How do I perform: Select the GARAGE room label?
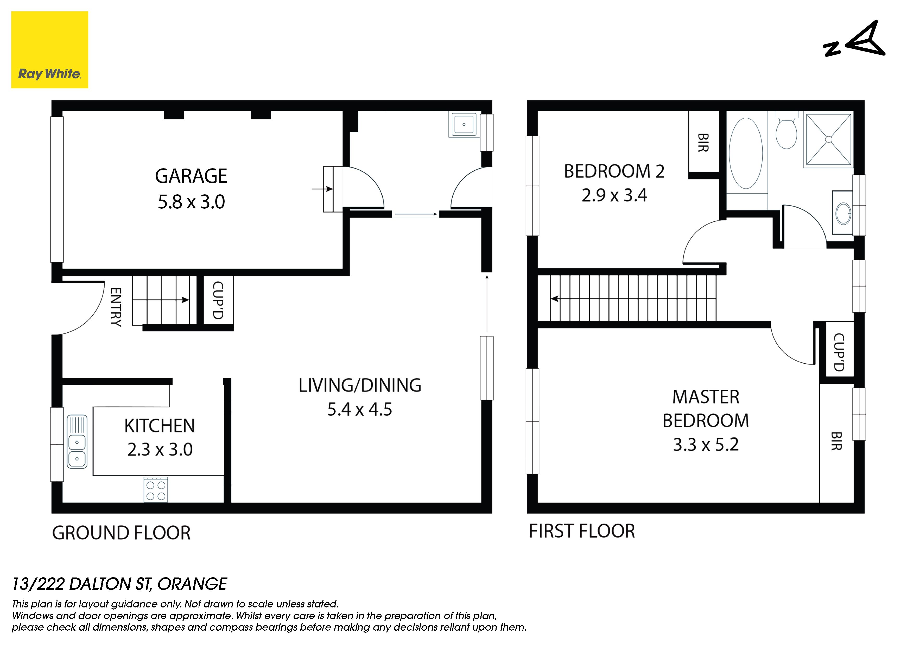[x=191, y=176]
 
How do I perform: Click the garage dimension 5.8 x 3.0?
[x=191, y=202]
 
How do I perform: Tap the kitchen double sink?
[x=77, y=442]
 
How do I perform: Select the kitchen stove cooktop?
[x=156, y=489]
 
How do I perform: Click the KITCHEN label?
[x=160, y=426]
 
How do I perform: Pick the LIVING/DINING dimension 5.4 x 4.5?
[x=359, y=409]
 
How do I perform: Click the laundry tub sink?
[x=464, y=125]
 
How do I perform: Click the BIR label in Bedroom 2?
[x=703, y=142]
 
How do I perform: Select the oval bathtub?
[x=746, y=153]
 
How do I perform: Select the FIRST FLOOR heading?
[x=582, y=531]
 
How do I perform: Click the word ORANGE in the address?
[x=192, y=584]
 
